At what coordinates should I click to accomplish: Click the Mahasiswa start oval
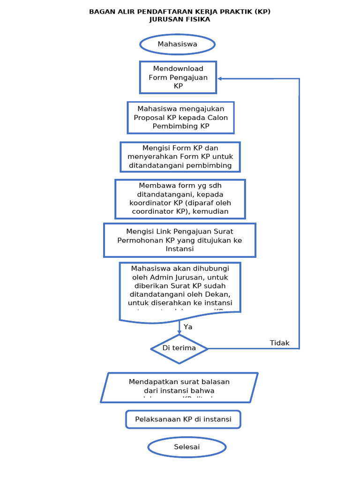coord(177,45)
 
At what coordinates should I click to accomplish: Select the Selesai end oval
coord(187,447)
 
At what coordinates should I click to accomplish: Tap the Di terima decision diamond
coord(179,348)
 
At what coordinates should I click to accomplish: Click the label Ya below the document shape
coord(188,327)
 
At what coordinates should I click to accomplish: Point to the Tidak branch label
coord(279,343)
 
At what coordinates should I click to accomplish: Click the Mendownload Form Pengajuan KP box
coord(178,77)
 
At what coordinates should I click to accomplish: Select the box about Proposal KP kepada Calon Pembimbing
coord(180,118)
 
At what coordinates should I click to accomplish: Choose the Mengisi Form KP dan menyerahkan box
coord(180,157)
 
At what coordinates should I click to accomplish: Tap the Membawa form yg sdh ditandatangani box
coord(180,199)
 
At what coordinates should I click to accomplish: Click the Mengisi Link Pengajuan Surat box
coord(180,240)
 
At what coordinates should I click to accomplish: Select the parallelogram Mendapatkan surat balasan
coord(179,387)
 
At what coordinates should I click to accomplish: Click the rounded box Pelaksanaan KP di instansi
coord(183,420)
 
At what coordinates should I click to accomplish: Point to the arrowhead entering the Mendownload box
coord(220,79)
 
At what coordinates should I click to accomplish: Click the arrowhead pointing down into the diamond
coord(179,332)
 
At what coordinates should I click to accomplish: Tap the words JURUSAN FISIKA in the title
coord(180,20)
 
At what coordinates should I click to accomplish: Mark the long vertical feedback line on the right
coord(299,211)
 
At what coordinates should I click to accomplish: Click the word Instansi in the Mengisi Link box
coord(180,249)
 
